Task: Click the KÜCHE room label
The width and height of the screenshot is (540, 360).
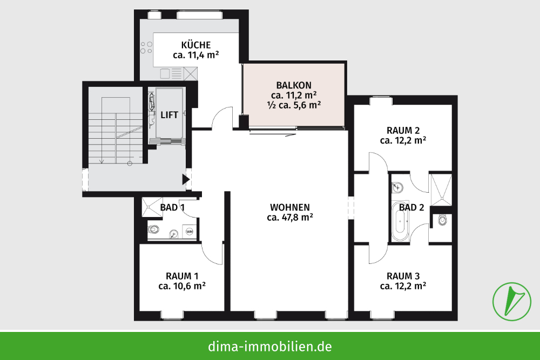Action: coord(196,45)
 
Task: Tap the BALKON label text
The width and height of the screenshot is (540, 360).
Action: coord(294,85)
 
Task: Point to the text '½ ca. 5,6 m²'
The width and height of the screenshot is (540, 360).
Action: coord(294,105)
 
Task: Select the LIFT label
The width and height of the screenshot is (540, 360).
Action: coord(170,115)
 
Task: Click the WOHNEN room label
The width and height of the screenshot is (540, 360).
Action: coord(290,208)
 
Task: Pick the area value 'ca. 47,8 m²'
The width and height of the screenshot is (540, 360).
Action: coord(290,218)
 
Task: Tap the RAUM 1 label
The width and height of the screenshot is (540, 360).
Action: coord(182,276)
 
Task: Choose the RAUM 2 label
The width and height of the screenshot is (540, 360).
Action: coord(403,131)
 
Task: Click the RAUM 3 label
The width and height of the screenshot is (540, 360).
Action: coord(403,276)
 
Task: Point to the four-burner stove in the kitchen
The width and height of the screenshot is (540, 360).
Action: coord(146,47)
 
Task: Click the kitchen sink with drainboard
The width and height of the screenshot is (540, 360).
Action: coord(171,73)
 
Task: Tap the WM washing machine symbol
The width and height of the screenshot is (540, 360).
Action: coord(190,232)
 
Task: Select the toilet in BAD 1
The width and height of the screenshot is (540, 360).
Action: coord(154,229)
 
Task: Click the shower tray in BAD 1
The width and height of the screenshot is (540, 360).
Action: coord(152,207)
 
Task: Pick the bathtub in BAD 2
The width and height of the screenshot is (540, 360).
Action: coord(400,221)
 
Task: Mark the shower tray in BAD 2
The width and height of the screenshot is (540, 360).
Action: coord(441,189)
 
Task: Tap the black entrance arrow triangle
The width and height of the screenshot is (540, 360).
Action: coord(186,179)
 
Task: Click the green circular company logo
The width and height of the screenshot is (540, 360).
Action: coord(511,302)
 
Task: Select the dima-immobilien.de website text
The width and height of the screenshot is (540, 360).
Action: coord(270,346)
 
